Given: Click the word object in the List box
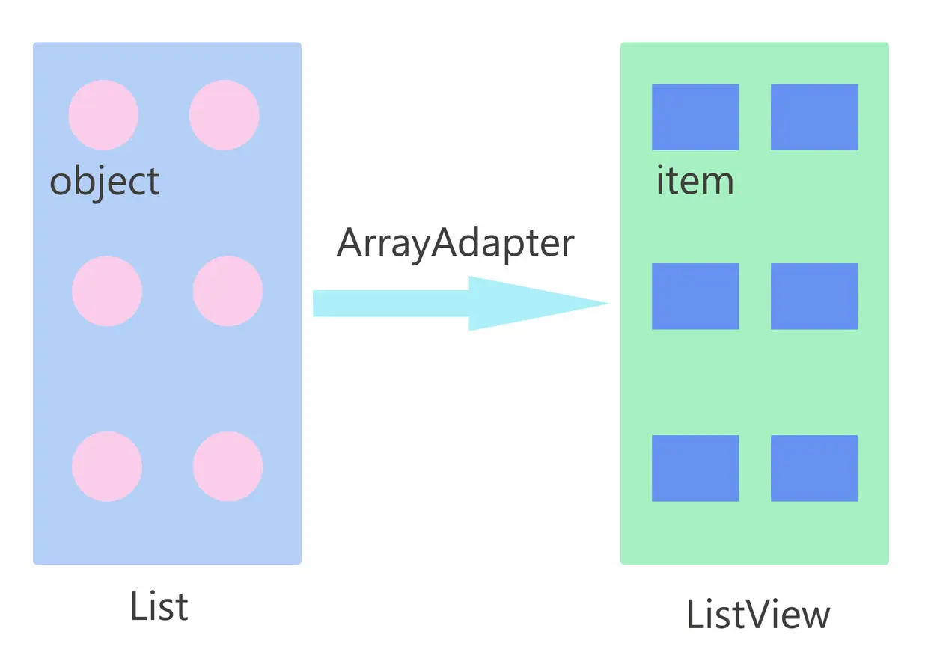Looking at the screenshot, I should tap(105, 182).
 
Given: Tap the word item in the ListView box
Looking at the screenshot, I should tap(695, 182).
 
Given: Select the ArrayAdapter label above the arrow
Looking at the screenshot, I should tap(455, 243).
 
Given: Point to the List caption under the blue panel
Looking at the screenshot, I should tap(159, 606).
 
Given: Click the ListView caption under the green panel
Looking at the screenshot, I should tap(757, 615).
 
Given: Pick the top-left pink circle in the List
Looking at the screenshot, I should tap(103, 115).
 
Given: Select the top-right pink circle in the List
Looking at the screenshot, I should tap(224, 115).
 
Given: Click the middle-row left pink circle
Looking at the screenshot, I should tap(107, 291).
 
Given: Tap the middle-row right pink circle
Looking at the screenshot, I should tap(228, 291).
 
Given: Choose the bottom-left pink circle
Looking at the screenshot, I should tap(107, 466).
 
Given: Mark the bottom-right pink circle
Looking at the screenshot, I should tap(228, 466).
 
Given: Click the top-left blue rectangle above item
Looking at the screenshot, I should tap(695, 117).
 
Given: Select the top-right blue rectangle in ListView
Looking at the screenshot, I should tap(814, 117).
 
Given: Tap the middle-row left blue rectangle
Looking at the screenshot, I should tap(695, 296).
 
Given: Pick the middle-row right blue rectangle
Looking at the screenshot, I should tap(814, 296).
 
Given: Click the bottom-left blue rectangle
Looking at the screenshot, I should tap(695, 468).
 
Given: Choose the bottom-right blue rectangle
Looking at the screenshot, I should tap(814, 468).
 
